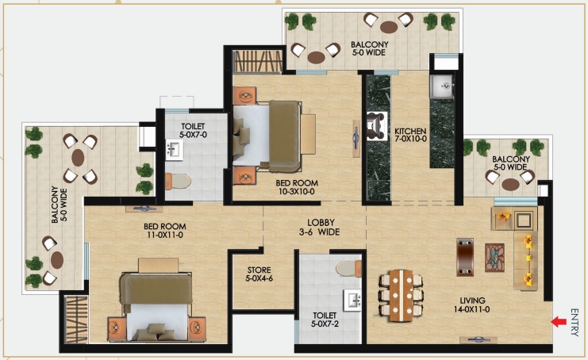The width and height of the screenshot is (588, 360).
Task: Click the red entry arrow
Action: [x=559, y=321]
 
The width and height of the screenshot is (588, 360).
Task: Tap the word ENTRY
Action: [x=575, y=322]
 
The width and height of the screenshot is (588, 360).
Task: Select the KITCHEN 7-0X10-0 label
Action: [x=410, y=135]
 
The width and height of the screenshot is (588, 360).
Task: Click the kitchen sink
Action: [x=442, y=86]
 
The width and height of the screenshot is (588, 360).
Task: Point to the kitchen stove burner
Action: [x=377, y=126]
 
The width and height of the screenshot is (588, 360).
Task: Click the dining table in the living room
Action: [x=401, y=295]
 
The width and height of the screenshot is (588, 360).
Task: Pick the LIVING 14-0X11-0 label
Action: [x=472, y=305]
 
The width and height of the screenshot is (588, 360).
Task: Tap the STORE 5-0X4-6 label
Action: [x=259, y=274]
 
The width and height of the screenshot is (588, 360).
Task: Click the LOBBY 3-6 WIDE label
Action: [x=320, y=228]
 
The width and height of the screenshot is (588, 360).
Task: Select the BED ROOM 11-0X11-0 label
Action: [x=165, y=231]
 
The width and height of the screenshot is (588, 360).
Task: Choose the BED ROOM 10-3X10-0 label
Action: [x=297, y=187]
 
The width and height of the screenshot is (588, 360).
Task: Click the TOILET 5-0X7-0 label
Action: [x=193, y=130]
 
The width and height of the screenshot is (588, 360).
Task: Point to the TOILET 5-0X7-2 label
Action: [x=325, y=320]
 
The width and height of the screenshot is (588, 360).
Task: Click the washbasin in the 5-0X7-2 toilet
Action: [x=352, y=300]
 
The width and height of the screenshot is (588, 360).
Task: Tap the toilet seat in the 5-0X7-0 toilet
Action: [x=178, y=182]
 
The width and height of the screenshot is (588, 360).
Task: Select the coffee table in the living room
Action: [x=494, y=258]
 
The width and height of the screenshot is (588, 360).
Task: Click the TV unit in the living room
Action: [x=465, y=257]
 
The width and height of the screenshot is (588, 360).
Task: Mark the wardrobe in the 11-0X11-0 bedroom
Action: [x=76, y=320]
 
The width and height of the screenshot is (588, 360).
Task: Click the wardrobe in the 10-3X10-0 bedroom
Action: [x=258, y=62]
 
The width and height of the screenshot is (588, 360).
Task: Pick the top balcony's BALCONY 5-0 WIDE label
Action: [x=369, y=48]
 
